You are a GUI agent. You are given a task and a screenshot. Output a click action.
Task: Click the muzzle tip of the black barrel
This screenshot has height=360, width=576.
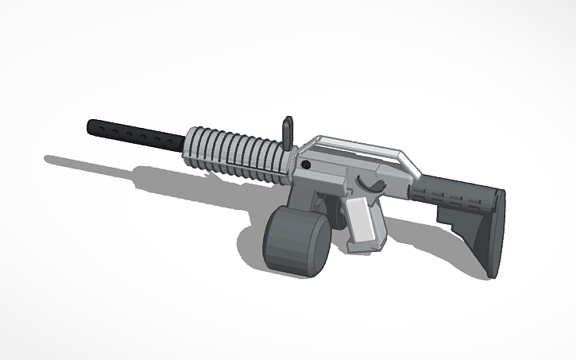[90, 126]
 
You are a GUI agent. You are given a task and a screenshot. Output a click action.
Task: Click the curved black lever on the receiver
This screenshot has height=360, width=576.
[369, 184]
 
